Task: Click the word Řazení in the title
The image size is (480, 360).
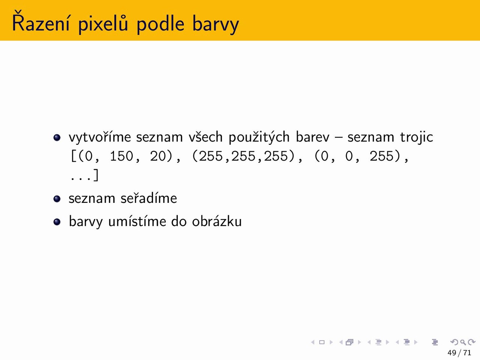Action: click(40, 22)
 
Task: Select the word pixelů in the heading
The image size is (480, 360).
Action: click(103, 24)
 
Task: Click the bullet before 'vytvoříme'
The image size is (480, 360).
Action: click(57, 138)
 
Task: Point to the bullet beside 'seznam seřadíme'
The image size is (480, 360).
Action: click(57, 199)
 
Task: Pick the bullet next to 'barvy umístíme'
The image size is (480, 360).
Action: click(57, 222)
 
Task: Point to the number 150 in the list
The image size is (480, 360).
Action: click(121, 156)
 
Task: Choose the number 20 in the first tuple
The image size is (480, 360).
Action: click(157, 156)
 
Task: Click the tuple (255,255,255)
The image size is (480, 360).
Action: click(243, 156)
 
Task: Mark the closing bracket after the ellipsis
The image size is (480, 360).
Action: click(96, 175)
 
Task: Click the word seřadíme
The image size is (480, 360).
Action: click(149, 198)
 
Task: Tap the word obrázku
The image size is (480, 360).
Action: click(217, 221)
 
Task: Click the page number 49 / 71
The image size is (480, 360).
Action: click(459, 352)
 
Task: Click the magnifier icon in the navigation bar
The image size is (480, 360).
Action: click(463, 342)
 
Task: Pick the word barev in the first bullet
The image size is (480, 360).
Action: click(312, 137)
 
